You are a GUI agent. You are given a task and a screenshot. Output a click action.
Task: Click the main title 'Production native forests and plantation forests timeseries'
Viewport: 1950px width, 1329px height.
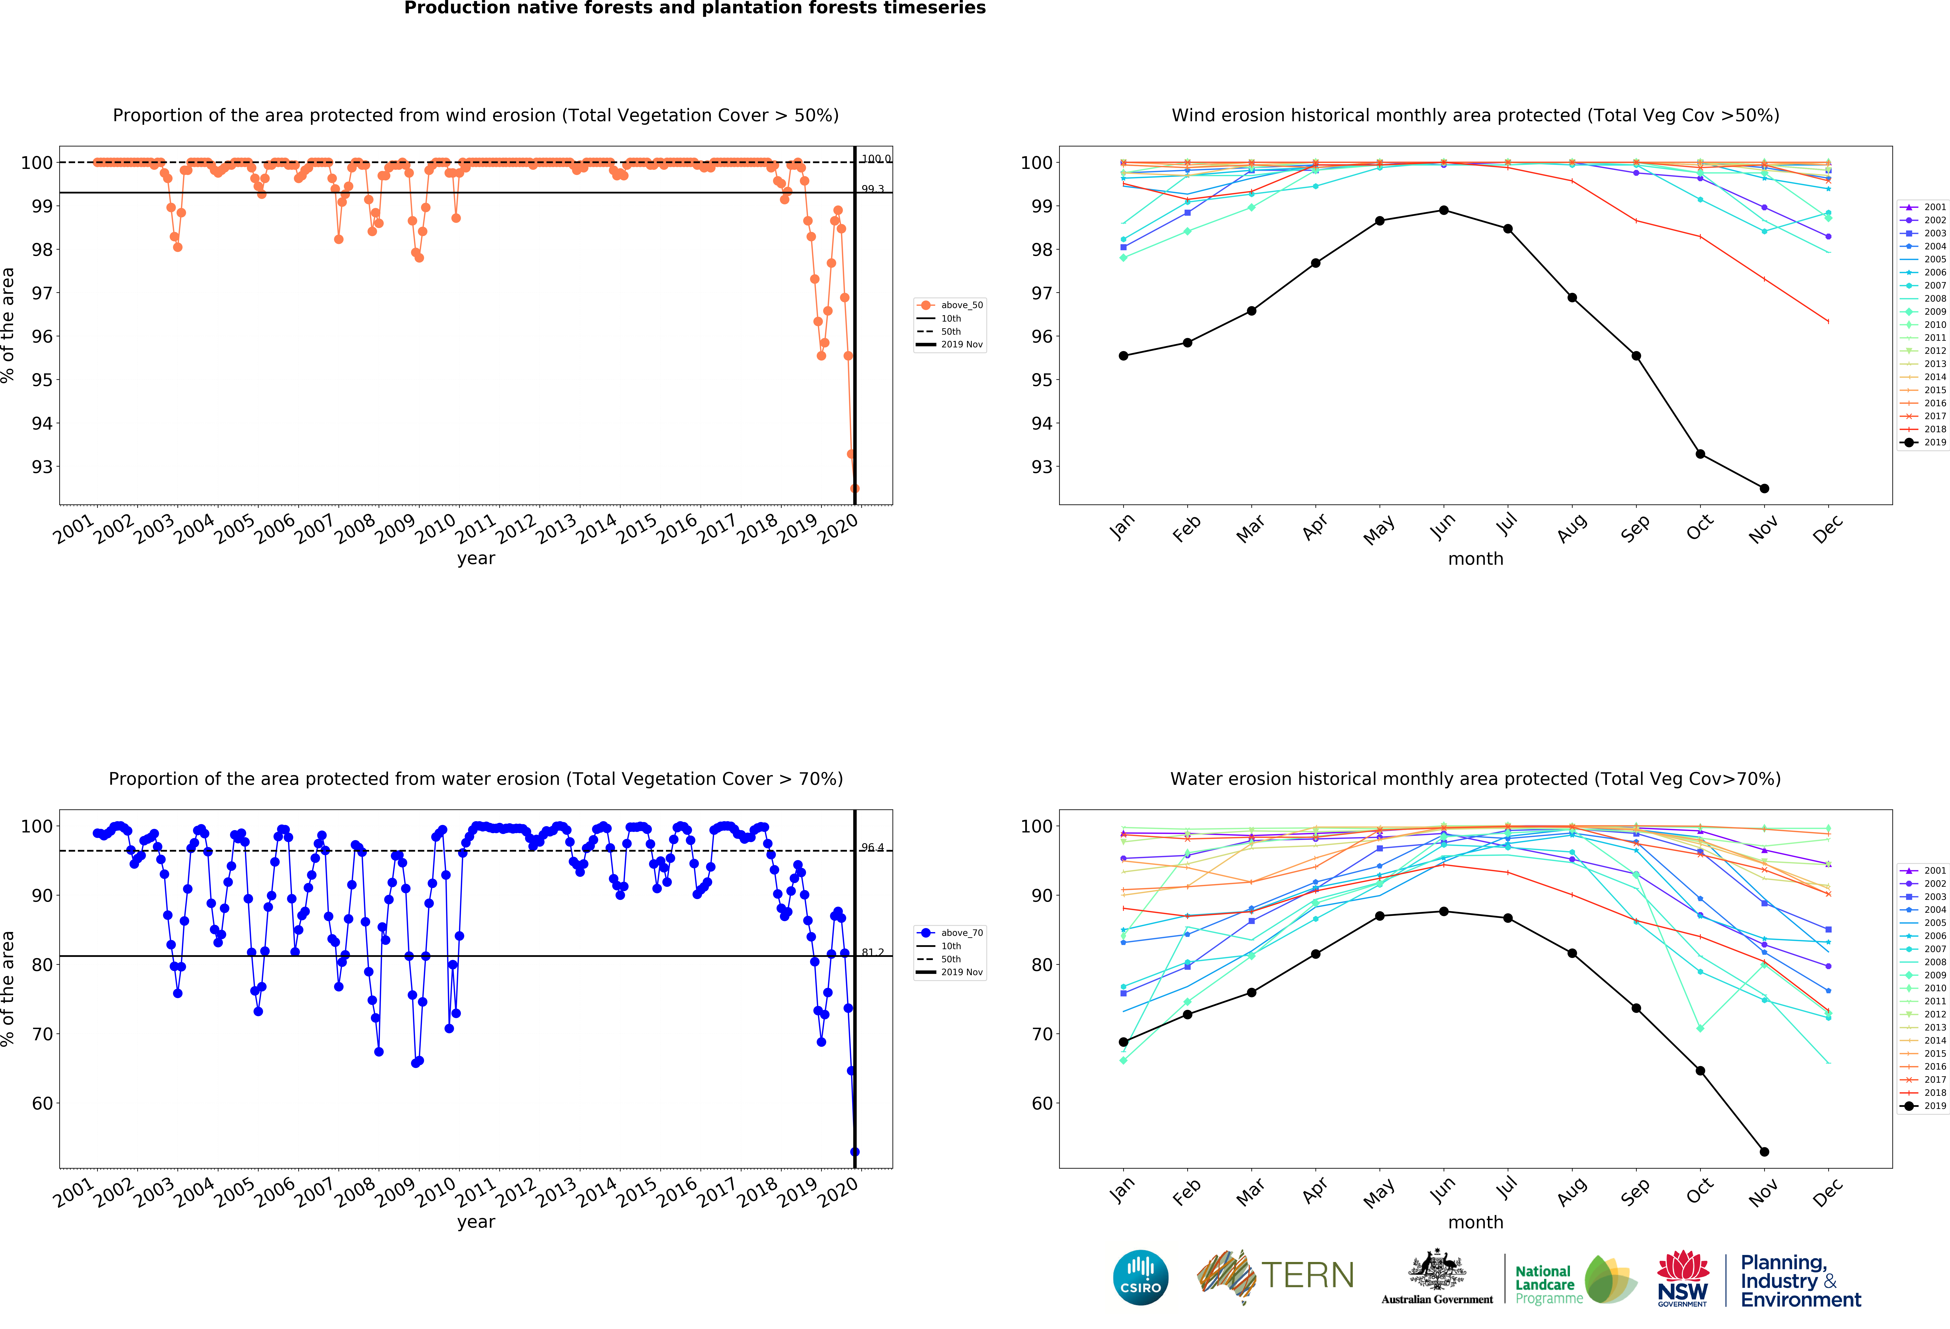[x=695, y=8]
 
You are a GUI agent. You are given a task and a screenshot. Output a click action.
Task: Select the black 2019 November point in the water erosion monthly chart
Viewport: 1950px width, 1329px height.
[x=1765, y=1152]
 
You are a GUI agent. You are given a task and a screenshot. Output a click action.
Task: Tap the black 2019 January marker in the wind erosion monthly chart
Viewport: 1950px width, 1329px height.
[x=1123, y=356]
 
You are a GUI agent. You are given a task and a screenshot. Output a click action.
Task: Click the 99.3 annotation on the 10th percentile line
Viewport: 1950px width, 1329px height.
[x=873, y=189]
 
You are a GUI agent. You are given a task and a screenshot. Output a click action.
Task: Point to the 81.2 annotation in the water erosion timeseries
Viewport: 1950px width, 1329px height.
[x=873, y=952]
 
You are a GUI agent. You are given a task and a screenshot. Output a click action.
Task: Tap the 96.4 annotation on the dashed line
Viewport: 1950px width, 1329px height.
[x=873, y=847]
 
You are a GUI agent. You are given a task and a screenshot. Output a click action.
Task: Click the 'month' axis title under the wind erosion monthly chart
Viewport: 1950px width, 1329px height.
[x=1475, y=559]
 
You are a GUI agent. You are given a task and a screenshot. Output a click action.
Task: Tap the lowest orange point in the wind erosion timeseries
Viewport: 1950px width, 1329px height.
[x=854, y=488]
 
